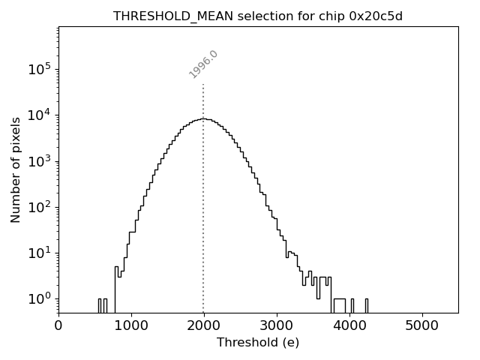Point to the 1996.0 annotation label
click(203, 64)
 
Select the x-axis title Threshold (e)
click(258, 343)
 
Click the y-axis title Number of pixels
click(16, 169)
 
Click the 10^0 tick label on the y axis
click(41, 298)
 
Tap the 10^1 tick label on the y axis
click(41, 253)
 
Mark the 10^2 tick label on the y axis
click(41, 207)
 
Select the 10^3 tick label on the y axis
click(41, 160)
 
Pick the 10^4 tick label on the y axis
click(41, 115)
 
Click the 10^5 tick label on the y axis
click(41, 69)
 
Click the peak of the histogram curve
click(203, 118)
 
